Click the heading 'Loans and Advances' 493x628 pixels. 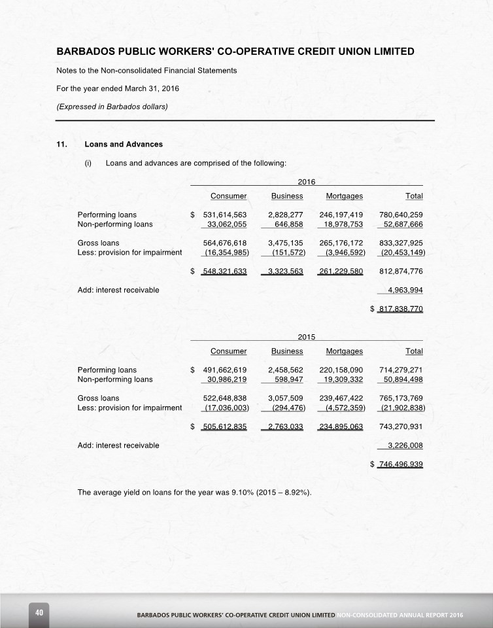[124, 144]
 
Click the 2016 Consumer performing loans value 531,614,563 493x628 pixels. [224, 214]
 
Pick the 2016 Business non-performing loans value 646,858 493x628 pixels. [288, 224]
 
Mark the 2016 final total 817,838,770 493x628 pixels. [401, 308]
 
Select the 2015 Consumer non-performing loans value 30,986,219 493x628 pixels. [224, 379]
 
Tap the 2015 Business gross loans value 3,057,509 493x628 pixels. [285, 398]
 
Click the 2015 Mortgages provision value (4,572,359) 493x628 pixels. [341, 408]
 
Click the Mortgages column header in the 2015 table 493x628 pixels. [344, 351]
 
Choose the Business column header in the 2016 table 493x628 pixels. [287, 196]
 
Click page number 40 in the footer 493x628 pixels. [39, 612]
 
